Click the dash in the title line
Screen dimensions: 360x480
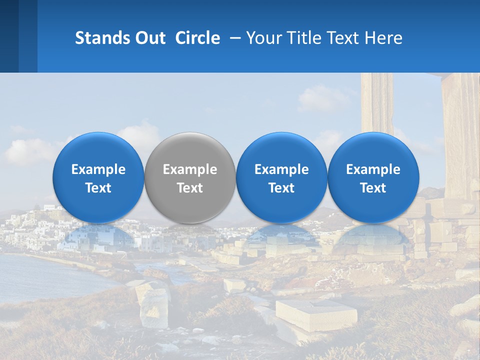coord(234,38)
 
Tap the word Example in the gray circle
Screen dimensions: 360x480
coord(190,169)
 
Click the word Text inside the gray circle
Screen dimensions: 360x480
coord(190,188)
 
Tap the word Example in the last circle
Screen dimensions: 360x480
coord(373,169)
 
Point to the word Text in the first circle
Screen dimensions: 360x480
coord(98,188)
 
